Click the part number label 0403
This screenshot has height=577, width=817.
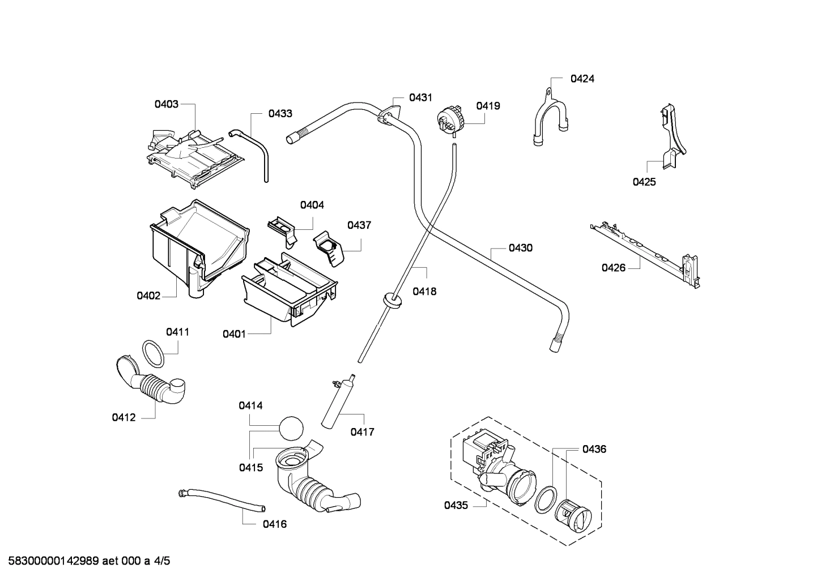point(166,104)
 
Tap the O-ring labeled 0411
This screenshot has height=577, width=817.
point(152,354)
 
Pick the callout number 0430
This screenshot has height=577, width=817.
point(520,248)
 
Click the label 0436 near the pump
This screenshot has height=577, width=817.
point(594,449)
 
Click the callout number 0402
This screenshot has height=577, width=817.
point(148,296)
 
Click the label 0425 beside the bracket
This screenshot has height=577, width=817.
point(644,182)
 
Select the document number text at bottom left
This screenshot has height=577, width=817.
point(86,561)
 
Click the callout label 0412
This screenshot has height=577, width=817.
point(124,418)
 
